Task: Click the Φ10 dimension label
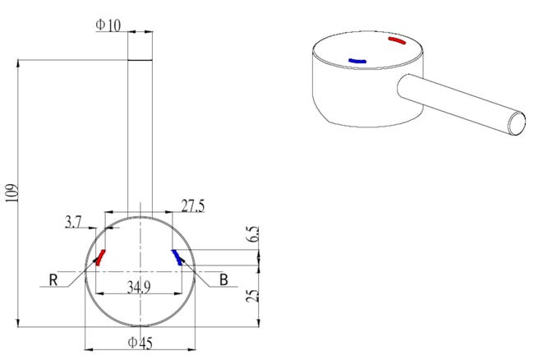tap(108, 25)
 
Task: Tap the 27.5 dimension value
tap(193, 206)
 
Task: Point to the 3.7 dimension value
tap(73, 222)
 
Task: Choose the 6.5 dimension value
tap(253, 234)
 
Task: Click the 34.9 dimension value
tap(139, 287)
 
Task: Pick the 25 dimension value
tap(253, 296)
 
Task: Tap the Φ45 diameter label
tap(140, 343)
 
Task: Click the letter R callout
tap(53, 280)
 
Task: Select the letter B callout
tap(223, 280)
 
